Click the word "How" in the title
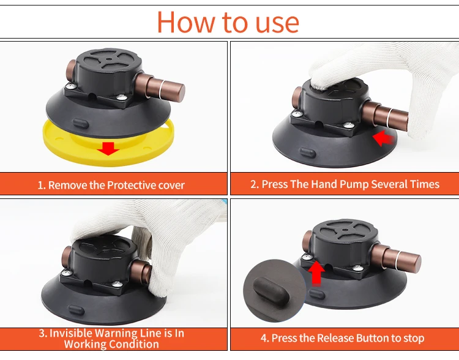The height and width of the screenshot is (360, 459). pyautogui.click(x=186, y=22)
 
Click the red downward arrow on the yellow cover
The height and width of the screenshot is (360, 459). pyautogui.click(x=108, y=148)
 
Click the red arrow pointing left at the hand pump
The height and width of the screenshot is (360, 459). pyautogui.click(x=383, y=138)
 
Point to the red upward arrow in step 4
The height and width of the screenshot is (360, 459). pyautogui.click(x=316, y=274)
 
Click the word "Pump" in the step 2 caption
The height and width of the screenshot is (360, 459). pyautogui.click(x=355, y=184)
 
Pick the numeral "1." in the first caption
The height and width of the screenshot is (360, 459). pyautogui.click(x=42, y=186)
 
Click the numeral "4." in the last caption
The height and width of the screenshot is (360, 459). pyautogui.click(x=264, y=339)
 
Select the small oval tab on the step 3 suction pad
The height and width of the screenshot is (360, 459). pyautogui.click(x=76, y=310)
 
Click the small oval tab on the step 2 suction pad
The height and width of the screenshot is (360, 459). pyautogui.click(x=307, y=153)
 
